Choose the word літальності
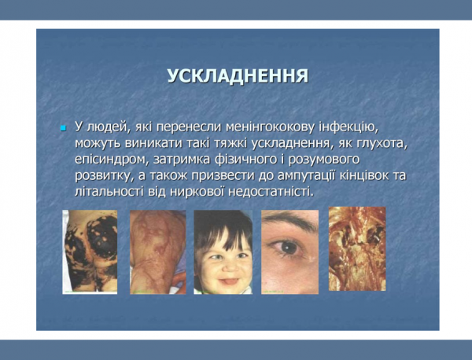coord(110,193)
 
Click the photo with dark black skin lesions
coord(90,251)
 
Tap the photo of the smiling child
coord(223,251)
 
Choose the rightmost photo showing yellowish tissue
coord(356,249)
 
